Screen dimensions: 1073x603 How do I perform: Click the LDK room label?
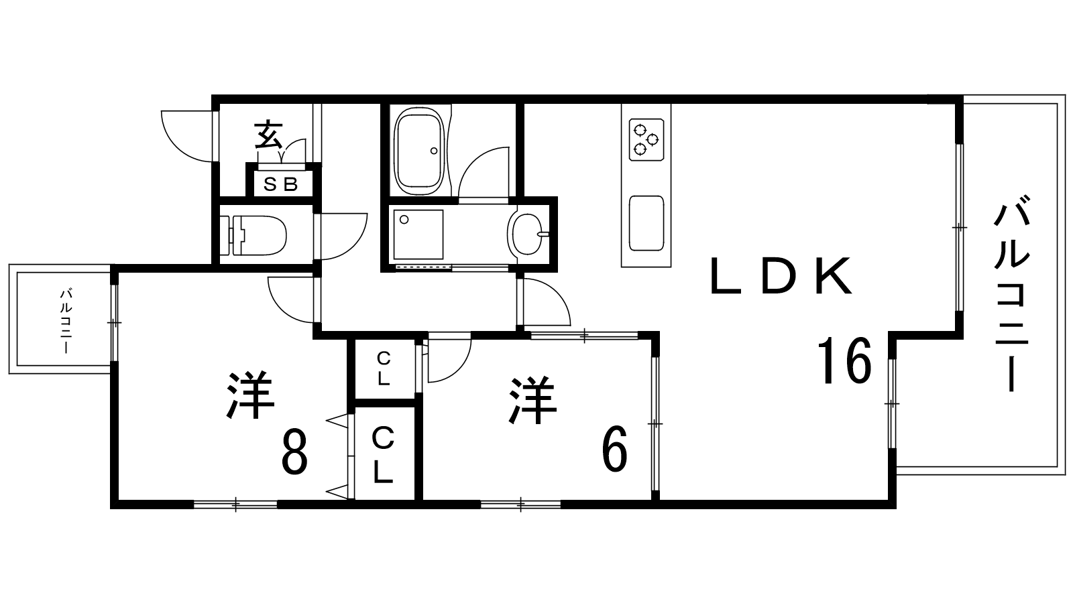(781, 276)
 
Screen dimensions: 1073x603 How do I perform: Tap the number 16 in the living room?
(844, 360)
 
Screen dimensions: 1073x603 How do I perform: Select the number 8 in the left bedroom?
(294, 452)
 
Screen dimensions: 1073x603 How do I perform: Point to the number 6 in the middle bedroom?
(614, 448)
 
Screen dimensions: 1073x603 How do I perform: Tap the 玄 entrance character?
(268, 135)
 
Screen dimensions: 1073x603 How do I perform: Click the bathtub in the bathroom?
(420, 151)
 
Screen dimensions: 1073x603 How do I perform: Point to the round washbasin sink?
(528, 234)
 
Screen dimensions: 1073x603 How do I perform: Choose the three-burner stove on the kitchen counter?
(646, 140)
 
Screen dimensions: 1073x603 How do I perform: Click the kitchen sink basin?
(646, 223)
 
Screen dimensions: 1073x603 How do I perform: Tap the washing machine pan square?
(418, 234)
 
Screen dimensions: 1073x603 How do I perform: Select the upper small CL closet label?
(384, 368)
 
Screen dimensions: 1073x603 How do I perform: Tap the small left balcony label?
(66, 321)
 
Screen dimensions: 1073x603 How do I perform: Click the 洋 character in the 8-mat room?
(250, 395)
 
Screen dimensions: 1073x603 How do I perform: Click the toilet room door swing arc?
(355, 247)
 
